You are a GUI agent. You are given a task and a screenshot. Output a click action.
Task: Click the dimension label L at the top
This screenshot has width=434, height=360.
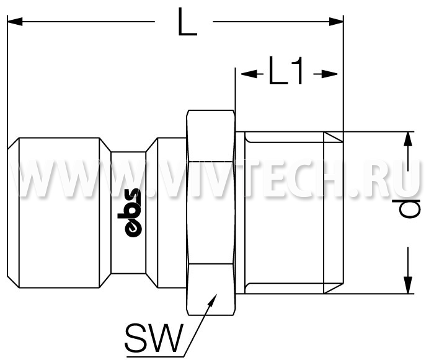pos(187,22)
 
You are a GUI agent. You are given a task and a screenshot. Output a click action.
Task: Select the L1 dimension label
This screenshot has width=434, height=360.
pos(286,70)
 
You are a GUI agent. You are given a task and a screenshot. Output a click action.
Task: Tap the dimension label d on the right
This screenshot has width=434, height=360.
pos(410,208)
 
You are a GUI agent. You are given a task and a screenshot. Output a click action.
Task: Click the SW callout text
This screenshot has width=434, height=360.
pos(154,338)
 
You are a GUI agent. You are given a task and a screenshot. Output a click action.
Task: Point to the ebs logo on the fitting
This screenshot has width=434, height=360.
pos(129,213)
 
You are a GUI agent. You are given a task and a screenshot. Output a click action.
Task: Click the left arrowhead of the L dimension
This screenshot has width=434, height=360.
pos(15,21)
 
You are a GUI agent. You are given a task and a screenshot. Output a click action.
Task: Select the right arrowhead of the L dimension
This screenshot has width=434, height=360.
pos(336,21)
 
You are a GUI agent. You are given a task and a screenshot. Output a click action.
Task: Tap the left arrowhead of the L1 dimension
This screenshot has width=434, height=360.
pos(248,74)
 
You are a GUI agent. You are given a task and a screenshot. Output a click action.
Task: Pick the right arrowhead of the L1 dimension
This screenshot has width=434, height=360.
pos(330,74)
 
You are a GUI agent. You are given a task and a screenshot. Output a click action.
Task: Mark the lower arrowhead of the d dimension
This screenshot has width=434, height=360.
pos(408,285)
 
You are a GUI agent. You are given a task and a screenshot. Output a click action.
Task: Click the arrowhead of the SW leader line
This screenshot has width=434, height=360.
pos(213,300)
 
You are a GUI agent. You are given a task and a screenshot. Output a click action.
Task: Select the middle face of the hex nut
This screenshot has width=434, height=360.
pos(210,213)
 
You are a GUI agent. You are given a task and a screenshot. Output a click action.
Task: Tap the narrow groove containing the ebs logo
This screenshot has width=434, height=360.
pos(128,213)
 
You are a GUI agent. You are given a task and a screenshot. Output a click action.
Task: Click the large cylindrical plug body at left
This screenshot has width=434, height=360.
pos(59,213)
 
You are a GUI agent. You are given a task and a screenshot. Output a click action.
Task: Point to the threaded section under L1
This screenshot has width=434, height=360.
pos(284,213)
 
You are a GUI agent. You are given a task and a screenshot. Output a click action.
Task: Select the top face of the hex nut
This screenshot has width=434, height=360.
pos(210,136)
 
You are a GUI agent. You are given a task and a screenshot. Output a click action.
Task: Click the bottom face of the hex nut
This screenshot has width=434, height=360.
pos(210,289)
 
